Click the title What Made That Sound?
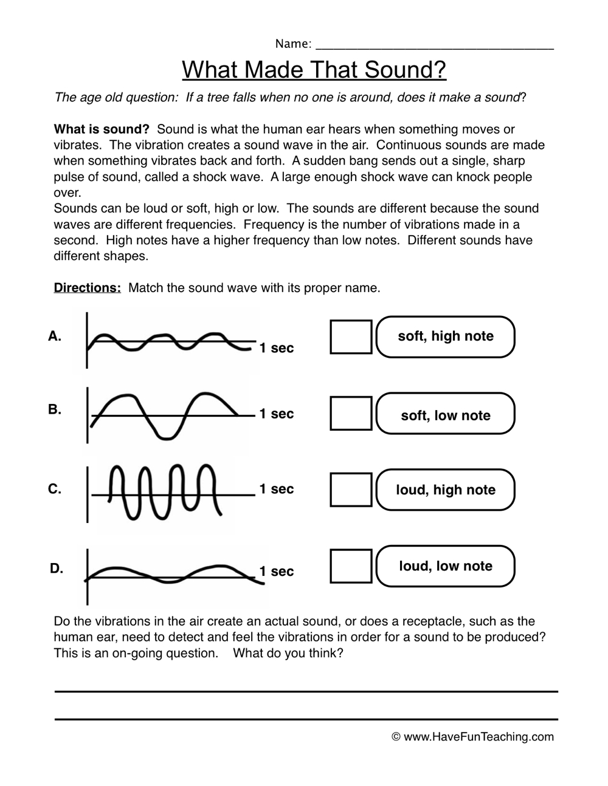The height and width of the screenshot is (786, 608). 314,70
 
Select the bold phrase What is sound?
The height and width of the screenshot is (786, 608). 102,129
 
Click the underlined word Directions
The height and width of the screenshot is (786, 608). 88,288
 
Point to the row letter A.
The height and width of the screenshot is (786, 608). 55,336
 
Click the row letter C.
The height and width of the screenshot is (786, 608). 55,489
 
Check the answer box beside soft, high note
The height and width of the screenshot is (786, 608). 351,337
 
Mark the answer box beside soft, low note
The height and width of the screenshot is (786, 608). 351,413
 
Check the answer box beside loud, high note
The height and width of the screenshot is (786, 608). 351,490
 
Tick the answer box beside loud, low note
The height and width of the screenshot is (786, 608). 351,566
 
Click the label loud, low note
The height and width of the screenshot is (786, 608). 446,566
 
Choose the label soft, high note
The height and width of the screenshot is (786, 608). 446,337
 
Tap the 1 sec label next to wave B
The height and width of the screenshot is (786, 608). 276,414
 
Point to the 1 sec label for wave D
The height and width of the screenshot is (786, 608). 276,572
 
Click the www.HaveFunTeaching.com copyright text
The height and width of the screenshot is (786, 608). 473,737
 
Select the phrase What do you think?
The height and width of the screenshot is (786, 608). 288,654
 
